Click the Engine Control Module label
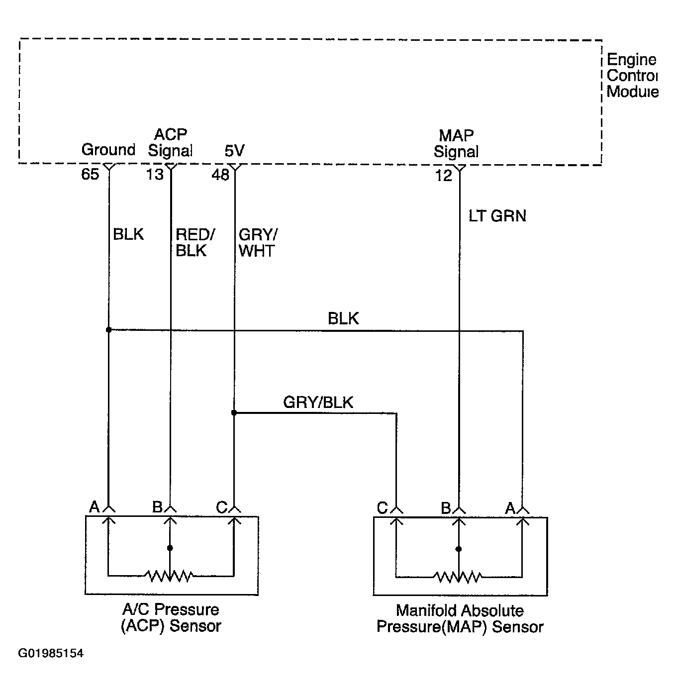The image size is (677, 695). (632, 75)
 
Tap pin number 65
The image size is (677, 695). (90, 174)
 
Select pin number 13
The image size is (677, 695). (155, 175)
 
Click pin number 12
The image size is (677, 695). (444, 176)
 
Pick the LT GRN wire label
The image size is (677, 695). (497, 216)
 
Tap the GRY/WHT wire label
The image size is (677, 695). (258, 243)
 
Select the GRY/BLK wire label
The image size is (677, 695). (318, 402)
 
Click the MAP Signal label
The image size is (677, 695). (456, 144)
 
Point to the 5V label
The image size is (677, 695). (234, 151)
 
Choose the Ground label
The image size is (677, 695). (108, 150)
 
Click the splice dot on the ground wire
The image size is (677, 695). (108, 330)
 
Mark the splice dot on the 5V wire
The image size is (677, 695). (234, 413)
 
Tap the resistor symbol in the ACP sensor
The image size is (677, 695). (169, 576)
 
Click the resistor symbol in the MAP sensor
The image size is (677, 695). (458, 577)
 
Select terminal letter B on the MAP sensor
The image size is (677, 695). (446, 507)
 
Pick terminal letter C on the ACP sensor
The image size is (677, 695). (221, 507)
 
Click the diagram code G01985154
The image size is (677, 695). (51, 653)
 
